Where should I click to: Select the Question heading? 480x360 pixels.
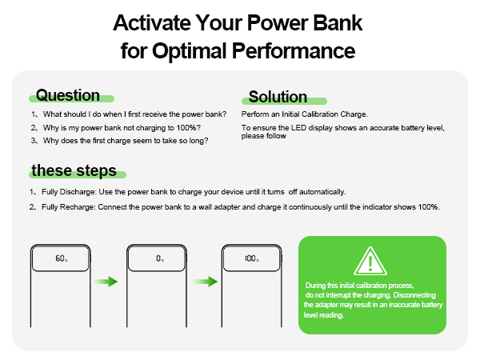click(68, 95)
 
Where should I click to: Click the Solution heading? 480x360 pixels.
click(278, 97)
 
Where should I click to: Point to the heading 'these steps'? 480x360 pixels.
click(74, 171)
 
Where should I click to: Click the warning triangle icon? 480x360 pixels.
click(371, 262)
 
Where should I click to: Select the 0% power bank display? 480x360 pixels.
click(159, 259)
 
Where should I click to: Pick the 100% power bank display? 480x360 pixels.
click(252, 259)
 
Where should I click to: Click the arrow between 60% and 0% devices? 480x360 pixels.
click(106, 282)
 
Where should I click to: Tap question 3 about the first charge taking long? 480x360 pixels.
click(121, 140)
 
